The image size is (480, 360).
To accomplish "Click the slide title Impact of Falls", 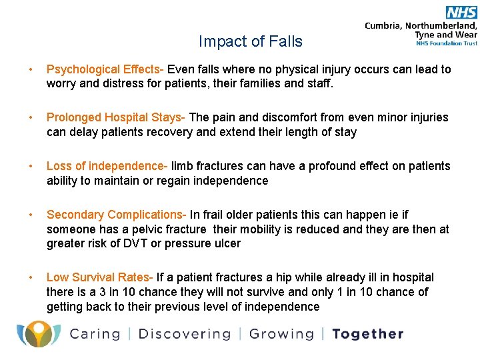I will (250, 41).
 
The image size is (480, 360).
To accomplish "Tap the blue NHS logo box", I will (461, 12).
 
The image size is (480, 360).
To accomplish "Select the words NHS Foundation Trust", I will (445, 43).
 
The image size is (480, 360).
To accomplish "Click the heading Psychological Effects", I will (105, 69).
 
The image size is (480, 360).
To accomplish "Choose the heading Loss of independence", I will (107, 166).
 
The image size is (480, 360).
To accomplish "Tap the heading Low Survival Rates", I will (99, 277).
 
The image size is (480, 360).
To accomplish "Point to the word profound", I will (343, 166).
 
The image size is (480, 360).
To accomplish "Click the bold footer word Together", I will (368, 334).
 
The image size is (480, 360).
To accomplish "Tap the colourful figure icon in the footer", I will (39, 334).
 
